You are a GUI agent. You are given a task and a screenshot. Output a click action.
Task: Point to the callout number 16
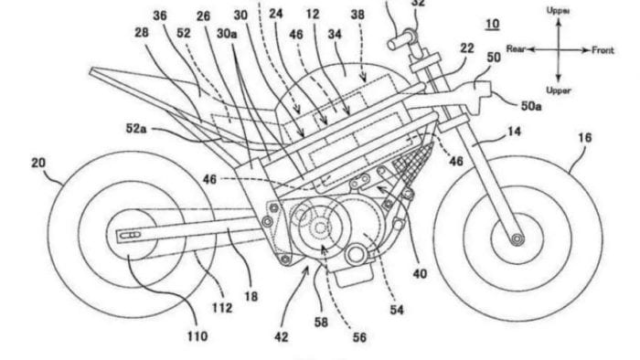584,138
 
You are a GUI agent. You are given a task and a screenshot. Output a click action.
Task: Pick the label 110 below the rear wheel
199,337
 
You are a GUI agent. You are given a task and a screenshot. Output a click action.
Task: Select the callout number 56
358,337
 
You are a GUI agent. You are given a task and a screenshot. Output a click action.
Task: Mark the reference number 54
396,312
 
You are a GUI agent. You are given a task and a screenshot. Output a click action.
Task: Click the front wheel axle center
518,239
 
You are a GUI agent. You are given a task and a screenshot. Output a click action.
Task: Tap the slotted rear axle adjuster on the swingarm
127,236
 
